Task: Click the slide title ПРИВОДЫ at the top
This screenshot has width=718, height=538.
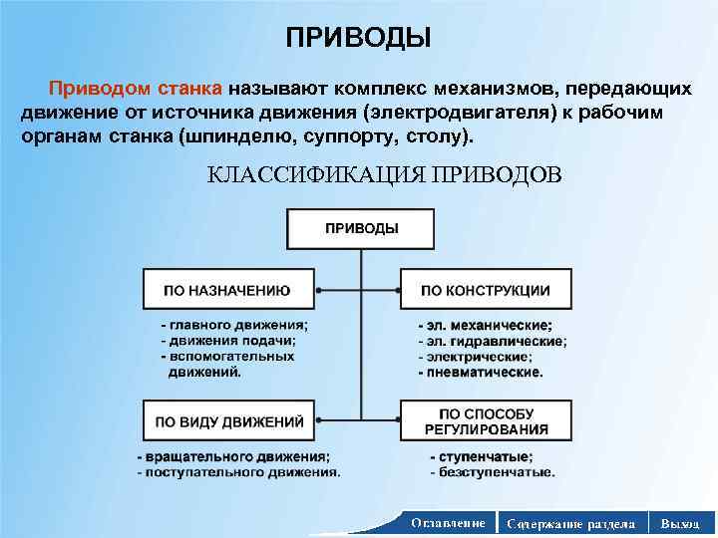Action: pos(359,38)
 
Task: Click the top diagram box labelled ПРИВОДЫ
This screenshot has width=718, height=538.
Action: pos(361,228)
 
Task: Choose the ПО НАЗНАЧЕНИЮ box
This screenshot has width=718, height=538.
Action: pos(228,290)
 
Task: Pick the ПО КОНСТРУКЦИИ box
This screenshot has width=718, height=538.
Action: pos(485,290)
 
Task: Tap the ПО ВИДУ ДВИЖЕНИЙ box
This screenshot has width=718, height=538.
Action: pos(228,421)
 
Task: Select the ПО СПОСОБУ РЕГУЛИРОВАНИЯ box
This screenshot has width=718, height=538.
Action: pos(485,421)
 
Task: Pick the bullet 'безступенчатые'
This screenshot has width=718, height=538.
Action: pos(491,472)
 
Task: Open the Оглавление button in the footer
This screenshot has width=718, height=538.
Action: pos(448,522)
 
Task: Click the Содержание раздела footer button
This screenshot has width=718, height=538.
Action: pos(570,522)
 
